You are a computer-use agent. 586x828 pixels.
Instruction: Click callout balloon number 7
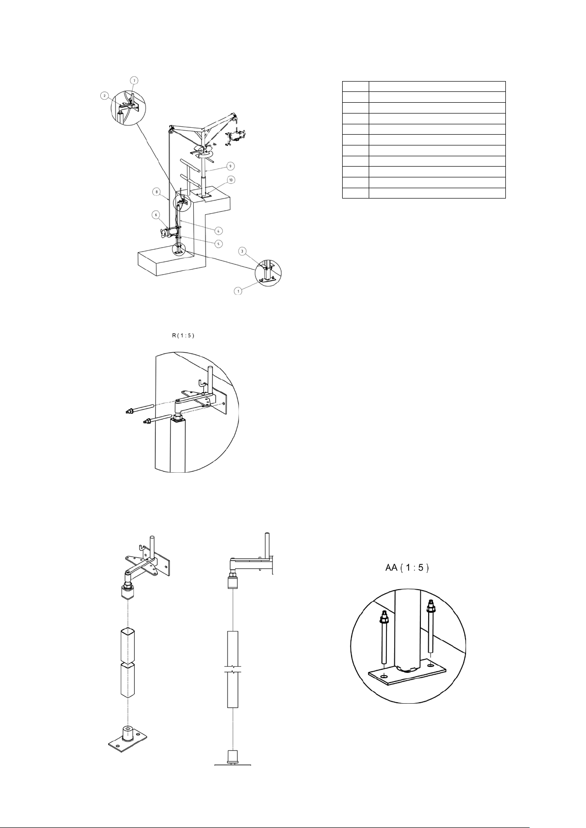134,80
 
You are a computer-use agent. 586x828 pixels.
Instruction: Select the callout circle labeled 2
104,96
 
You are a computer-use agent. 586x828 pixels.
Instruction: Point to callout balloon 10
231,180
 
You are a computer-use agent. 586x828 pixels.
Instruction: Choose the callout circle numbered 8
156,192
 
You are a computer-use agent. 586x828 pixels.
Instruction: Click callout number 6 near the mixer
156,214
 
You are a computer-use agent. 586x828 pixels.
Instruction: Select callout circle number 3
242,252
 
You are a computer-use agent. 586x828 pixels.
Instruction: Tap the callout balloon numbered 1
238,291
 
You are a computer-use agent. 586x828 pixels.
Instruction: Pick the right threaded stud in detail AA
430,632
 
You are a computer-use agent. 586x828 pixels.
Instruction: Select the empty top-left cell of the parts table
355,86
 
